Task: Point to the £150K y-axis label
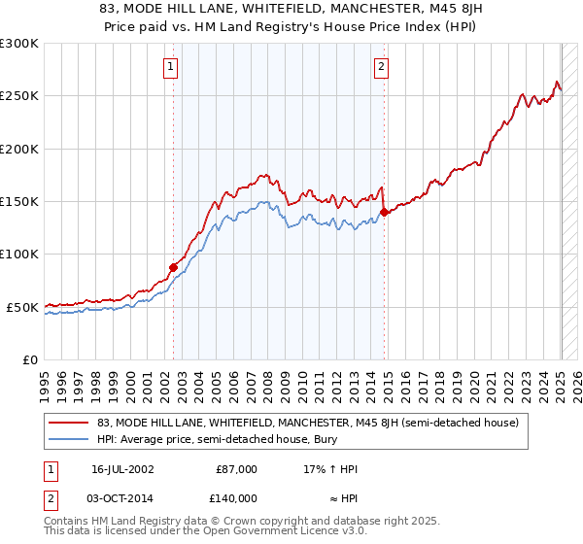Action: click(x=18, y=202)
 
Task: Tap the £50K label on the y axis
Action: click(x=22, y=307)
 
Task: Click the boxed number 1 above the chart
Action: click(x=170, y=67)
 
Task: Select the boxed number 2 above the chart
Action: click(x=381, y=67)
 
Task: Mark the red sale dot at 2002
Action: click(x=174, y=267)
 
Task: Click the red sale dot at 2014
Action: click(x=385, y=212)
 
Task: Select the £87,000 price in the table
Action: click(x=236, y=469)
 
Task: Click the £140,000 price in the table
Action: click(x=236, y=497)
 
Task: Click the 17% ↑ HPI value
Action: click(x=331, y=469)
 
